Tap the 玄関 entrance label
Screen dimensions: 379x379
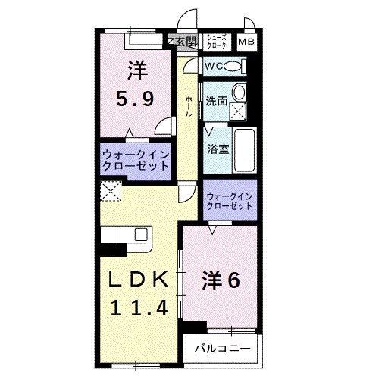186,41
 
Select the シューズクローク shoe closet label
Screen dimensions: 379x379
215,42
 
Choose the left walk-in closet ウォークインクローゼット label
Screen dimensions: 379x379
135,161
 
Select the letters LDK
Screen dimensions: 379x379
136,280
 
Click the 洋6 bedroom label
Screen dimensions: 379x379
220,280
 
